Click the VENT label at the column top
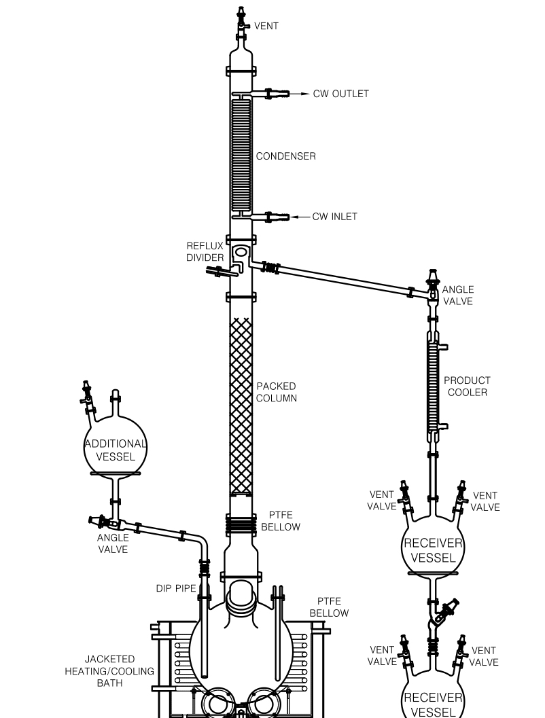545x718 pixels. [x=266, y=26]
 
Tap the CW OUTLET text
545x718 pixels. [x=340, y=94]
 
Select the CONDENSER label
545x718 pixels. [x=286, y=156]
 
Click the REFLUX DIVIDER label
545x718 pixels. [x=205, y=252]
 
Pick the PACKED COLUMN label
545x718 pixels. [x=276, y=392]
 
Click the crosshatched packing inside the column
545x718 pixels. [x=241, y=406]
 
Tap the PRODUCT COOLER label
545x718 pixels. [x=467, y=387]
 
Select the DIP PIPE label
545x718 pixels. [x=176, y=588]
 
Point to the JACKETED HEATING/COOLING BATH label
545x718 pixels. [x=109, y=671]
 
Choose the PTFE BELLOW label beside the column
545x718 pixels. [x=281, y=521]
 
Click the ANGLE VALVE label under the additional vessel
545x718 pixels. [x=113, y=543]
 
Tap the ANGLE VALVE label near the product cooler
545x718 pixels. [x=457, y=295]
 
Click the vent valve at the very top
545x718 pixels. [x=241, y=20]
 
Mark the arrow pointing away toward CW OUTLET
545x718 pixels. [x=299, y=94]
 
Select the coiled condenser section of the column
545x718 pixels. [x=241, y=156]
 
